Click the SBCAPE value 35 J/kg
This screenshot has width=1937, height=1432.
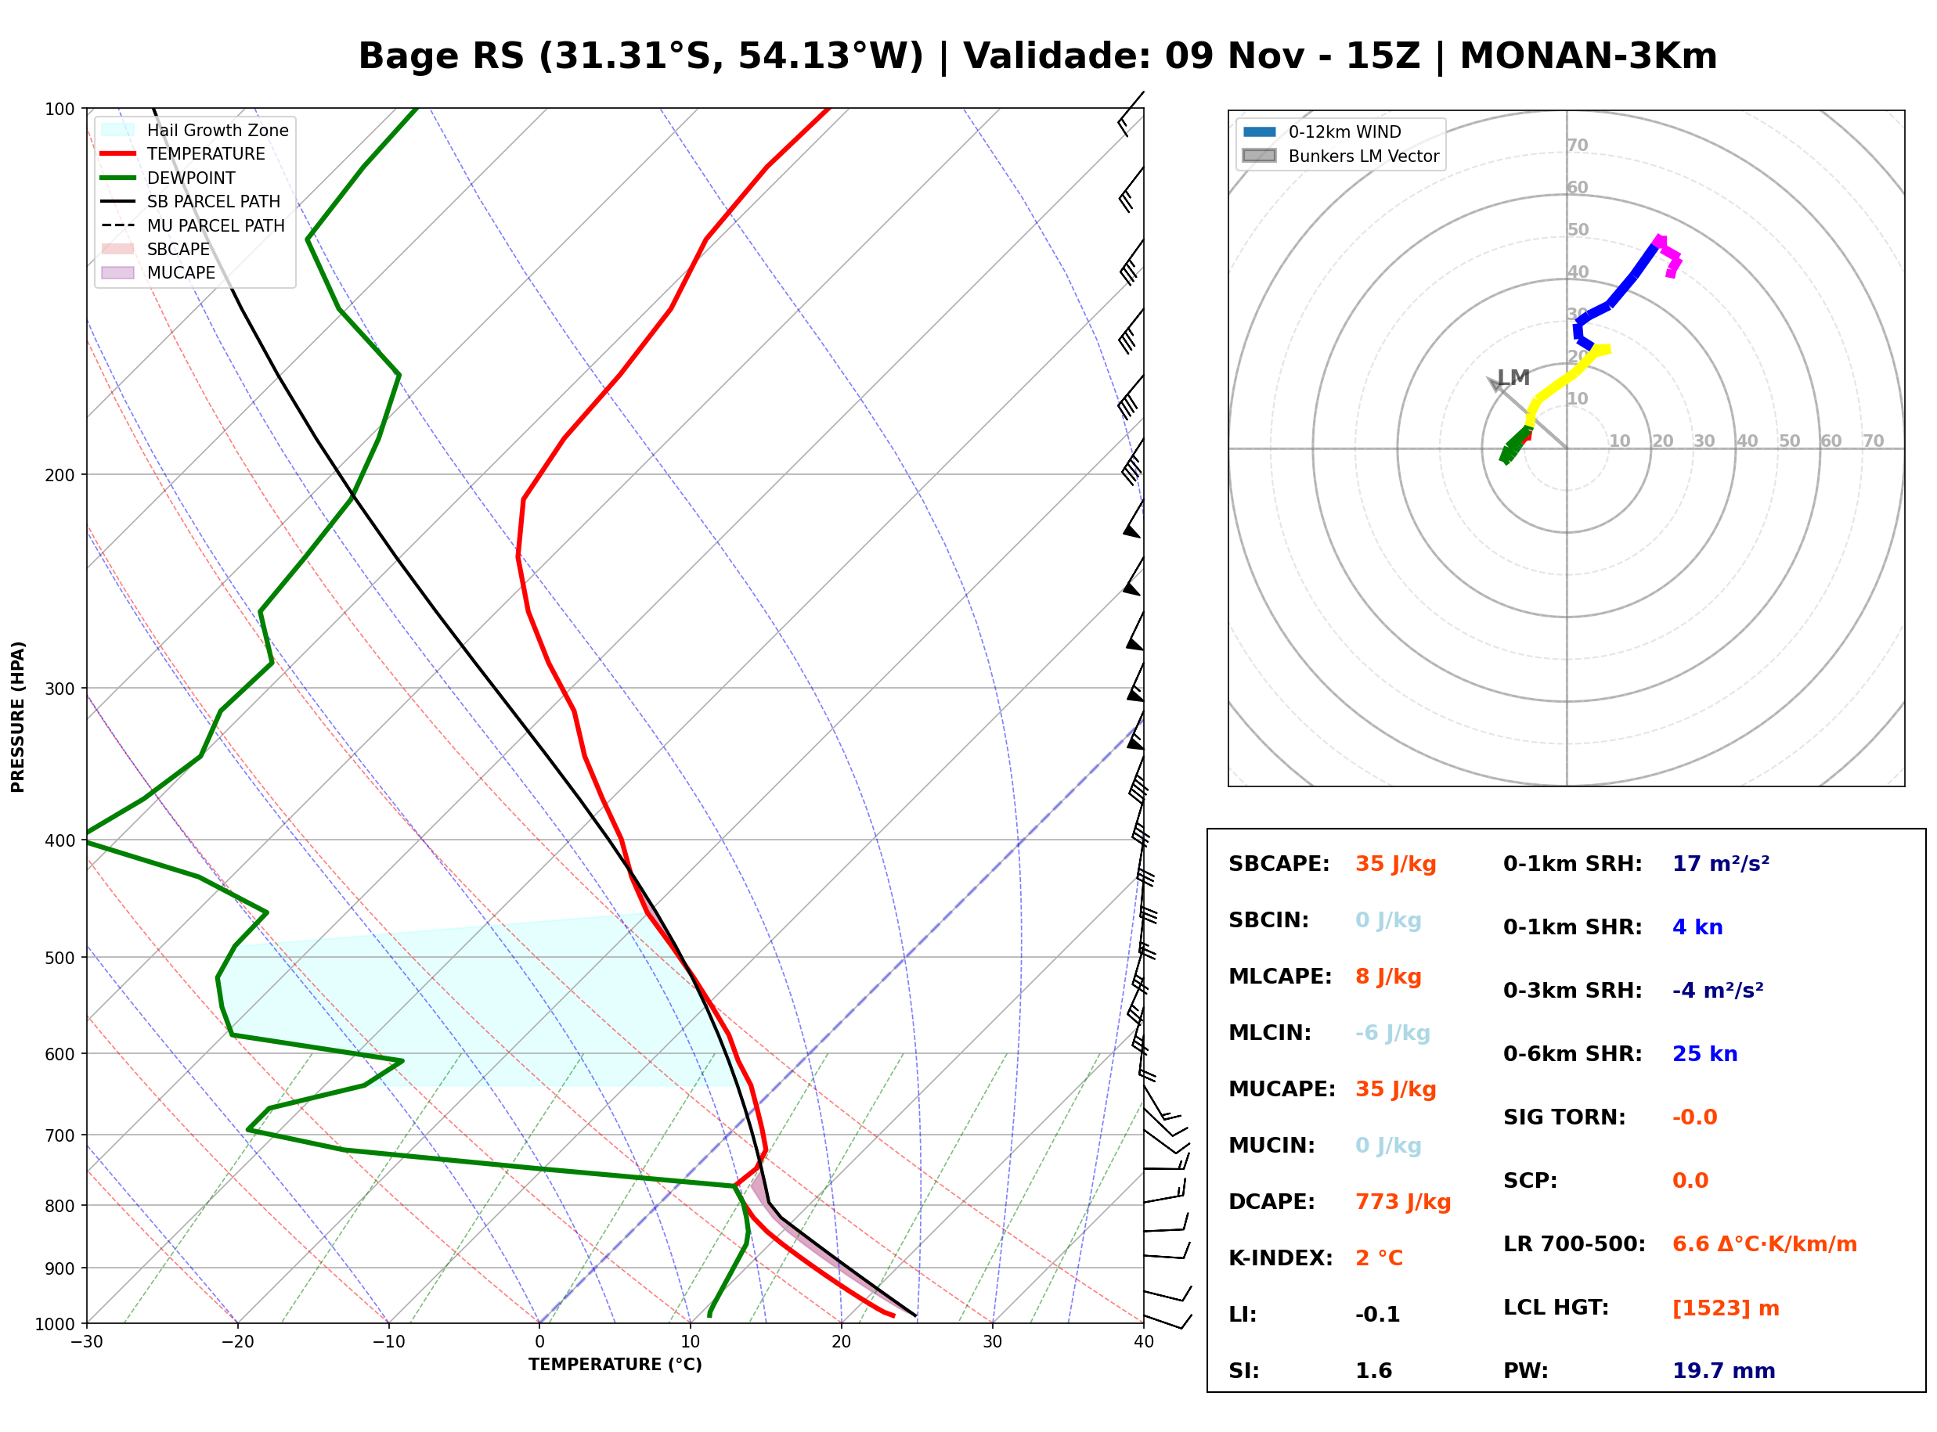[1396, 864]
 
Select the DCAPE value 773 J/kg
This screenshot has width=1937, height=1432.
[1403, 1202]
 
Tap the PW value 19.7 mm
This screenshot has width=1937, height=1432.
[1724, 1371]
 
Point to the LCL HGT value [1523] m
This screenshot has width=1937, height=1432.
[1726, 1308]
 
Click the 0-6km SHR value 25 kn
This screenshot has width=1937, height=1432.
[1704, 1054]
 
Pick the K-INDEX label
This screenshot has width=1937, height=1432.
[1281, 1258]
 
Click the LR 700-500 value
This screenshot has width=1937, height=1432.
[1765, 1245]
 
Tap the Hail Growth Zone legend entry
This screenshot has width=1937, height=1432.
[195, 130]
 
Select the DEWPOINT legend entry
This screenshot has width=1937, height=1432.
[168, 178]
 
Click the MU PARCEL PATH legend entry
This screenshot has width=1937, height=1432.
[193, 225]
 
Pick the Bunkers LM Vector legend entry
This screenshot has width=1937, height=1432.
[1340, 156]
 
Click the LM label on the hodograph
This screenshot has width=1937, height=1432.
[1513, 378]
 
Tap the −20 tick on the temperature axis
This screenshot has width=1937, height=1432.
[236, 1342]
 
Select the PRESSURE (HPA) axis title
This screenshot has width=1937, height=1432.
[17, 717]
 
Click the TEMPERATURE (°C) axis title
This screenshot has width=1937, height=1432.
[615, 1365]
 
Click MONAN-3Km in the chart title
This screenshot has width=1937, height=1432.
[1588, 56]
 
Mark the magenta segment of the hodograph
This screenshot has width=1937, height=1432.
[1670, 255]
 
